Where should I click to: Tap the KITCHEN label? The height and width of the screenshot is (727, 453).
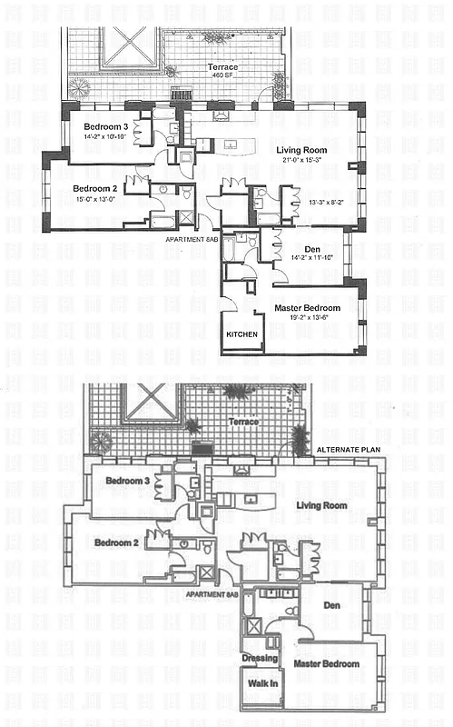click(242, 334)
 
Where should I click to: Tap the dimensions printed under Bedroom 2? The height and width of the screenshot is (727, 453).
click(98, 199)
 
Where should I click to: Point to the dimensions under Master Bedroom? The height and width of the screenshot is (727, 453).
click(308, 319)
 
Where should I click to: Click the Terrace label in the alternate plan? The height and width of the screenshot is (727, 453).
click(244, 422)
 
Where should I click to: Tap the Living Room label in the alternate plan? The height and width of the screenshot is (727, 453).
click(322, 504)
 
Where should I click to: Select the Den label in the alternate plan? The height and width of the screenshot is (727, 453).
click(332, 603)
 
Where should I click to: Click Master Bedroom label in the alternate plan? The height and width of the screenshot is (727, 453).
click(326, 663)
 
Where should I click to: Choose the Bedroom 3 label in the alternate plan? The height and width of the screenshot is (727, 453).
click(127, 480)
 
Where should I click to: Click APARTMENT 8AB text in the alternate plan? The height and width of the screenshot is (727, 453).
click(212, 593)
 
